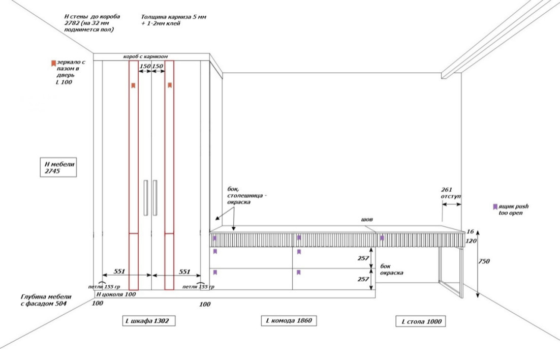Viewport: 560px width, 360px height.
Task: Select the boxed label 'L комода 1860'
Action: click(x=289, y=320)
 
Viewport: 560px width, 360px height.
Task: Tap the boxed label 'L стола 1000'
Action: click(x=421, y=321)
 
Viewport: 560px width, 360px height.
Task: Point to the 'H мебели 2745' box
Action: click(x=58, y=167)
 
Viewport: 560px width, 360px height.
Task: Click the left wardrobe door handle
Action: click(x=146, y=198)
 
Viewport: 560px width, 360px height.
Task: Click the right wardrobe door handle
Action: click(x=155, y=198)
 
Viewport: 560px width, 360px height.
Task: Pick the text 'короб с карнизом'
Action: click(x=145, y=56)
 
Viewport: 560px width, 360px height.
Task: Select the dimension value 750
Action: click(x=484, y=261)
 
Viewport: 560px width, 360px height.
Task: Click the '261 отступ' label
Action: click(x=450, y=193)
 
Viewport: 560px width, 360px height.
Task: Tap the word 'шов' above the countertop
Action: click(x=367, y=220)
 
